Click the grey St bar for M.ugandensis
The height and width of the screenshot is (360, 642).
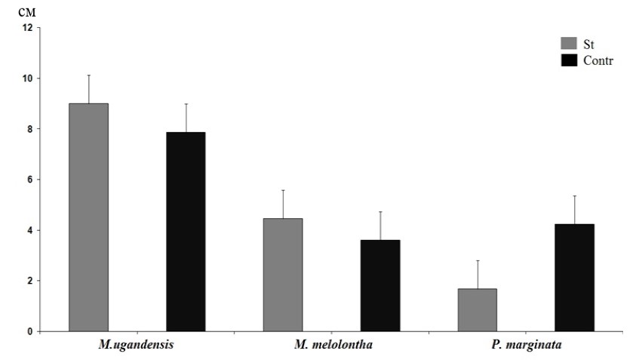[88, 217]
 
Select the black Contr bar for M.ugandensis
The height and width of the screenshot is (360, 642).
[186, 232]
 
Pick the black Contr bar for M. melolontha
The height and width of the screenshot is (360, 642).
[380, 285]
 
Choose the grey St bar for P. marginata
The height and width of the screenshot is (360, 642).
[478, 309]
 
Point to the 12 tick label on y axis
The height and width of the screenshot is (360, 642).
[28, 28]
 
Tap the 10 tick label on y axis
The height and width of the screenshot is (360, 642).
[28, 78]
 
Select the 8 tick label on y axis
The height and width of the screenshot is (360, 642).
[30, 129]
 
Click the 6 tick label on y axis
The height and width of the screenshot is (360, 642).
[30, 180]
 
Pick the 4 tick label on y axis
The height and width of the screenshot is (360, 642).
[30, 230]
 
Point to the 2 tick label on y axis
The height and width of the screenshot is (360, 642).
[30, 281]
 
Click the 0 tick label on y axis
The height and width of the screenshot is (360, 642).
[30, 331]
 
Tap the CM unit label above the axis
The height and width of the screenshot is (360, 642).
[27, 13]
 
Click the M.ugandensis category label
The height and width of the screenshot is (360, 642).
[137, 346]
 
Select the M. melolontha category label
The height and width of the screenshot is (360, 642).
[331, 346]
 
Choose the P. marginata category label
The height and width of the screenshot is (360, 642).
[526, 346]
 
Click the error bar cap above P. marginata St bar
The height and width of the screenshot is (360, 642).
[478, 260]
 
